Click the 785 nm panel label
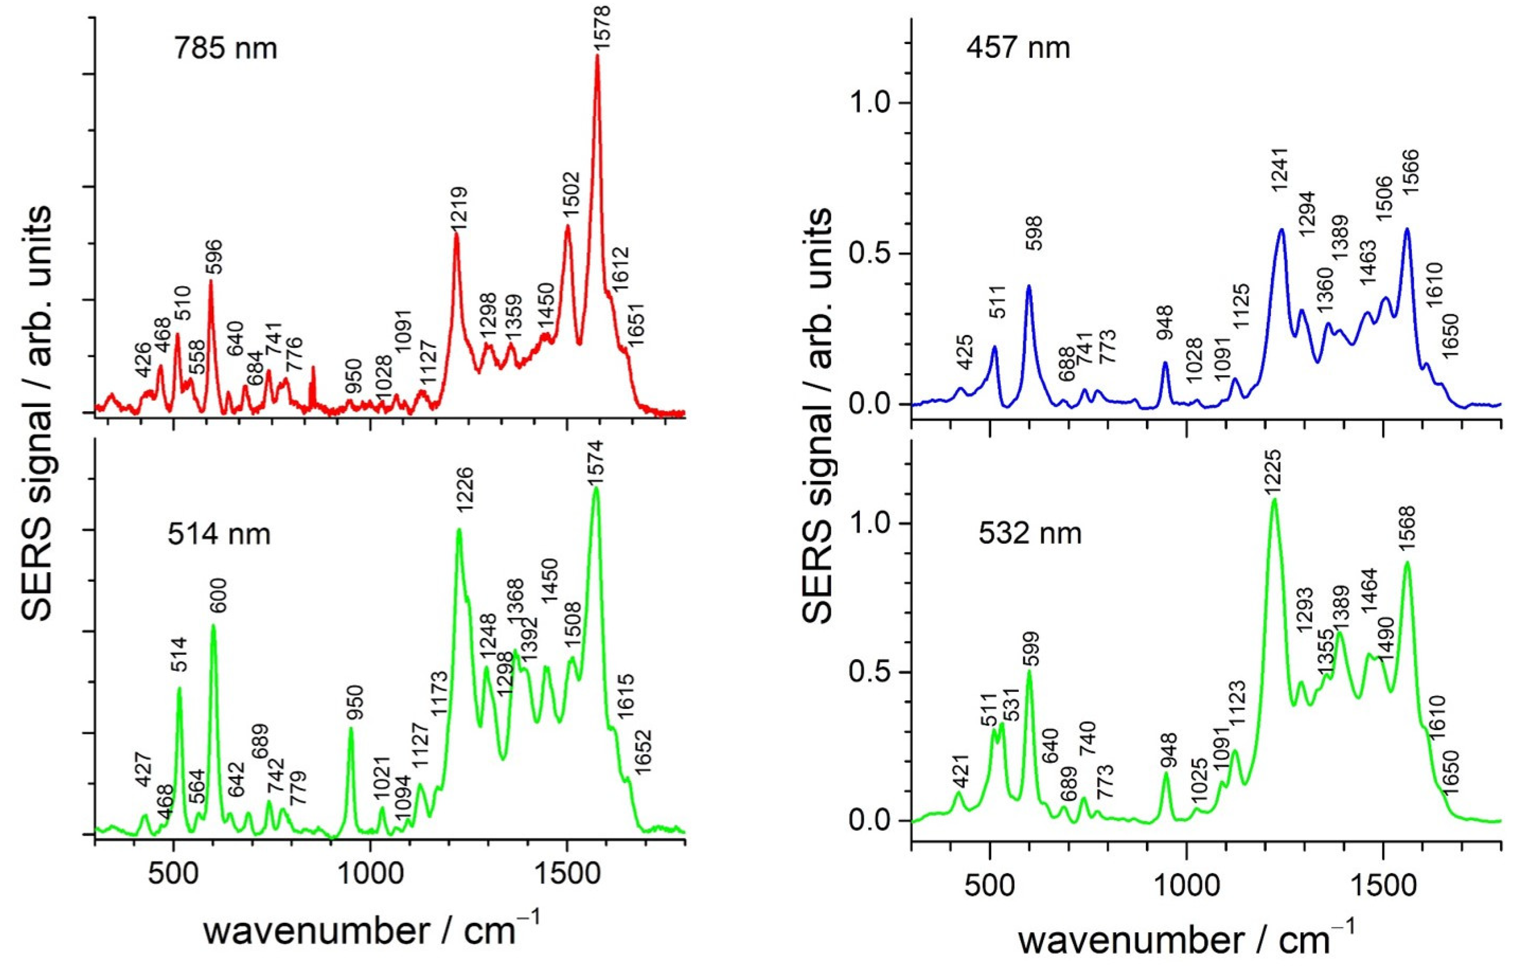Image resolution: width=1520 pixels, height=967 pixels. tap(226, 48)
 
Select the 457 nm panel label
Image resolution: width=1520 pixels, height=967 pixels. tap(1018, 48)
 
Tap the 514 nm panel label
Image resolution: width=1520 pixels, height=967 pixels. tap(219, 534)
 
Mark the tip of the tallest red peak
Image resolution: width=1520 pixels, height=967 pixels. tap(597, 55)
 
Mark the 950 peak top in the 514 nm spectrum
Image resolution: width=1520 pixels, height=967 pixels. tap(351, 728)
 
